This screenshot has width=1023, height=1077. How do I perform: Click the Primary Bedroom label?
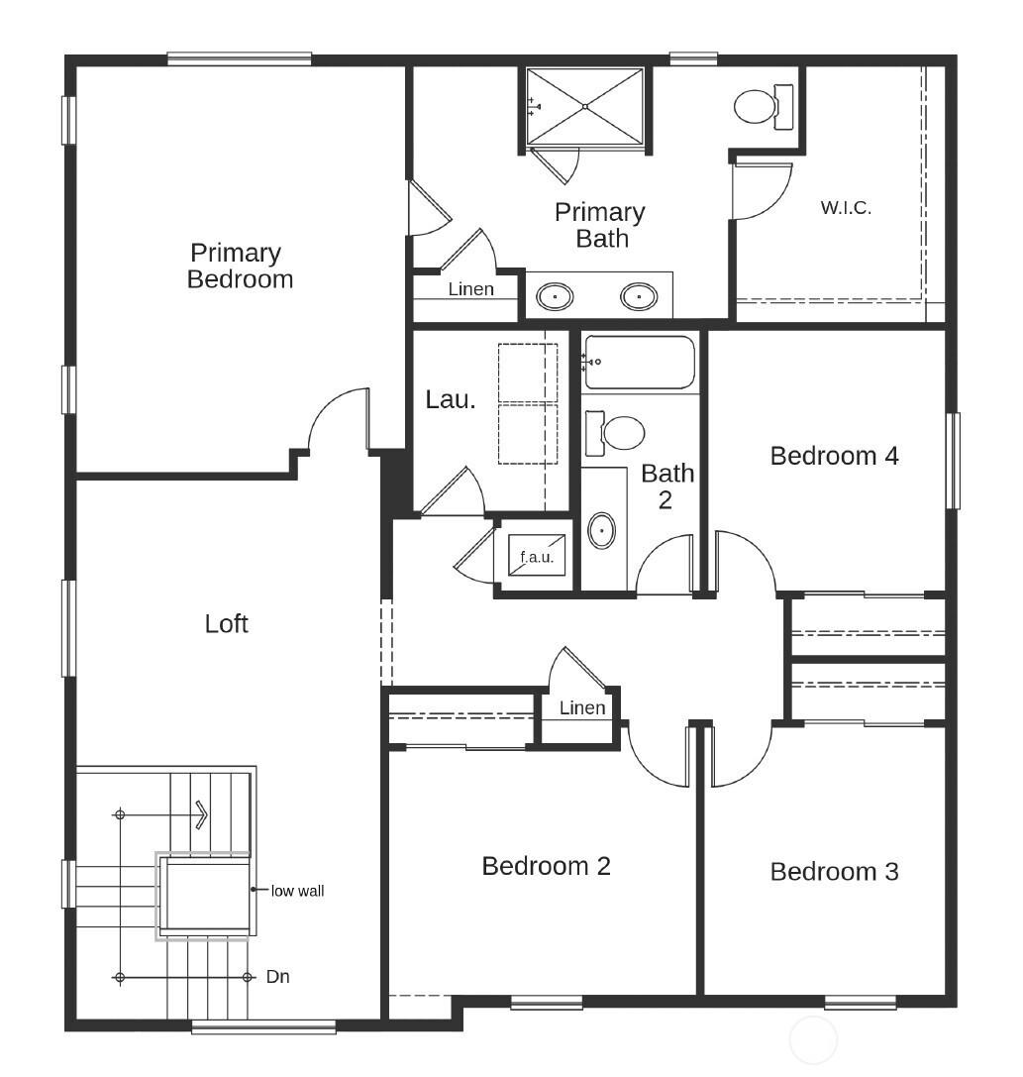click(x=240, y=266)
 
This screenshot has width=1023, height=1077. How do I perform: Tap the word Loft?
click(x=226, y=623)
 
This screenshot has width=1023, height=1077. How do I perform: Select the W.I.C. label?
click(x=846, y=208)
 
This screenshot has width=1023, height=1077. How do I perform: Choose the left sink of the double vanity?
click(x=556, y=295)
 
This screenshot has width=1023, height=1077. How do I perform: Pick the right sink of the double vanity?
click(x=639, y=295)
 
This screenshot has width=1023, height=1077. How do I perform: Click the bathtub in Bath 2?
click(x=640, y=363)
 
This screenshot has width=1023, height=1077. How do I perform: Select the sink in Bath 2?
click(x=601, y=530)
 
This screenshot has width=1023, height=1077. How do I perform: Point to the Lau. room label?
click(x=451, y=399)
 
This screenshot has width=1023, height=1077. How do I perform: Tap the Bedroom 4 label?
click(x=834, y=456)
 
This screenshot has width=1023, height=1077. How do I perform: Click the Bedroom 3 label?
click(x=834, y=871)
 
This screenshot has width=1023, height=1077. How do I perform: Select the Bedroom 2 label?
click(x=546, y=866)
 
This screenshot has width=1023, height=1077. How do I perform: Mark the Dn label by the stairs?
click(x=278, y=977)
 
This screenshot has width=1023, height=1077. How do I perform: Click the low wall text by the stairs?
click(x=297, y=891)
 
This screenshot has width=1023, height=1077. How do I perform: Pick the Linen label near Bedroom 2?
click(x=582, y=707)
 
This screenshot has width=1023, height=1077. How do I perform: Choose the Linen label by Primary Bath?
click(x=470, y=289)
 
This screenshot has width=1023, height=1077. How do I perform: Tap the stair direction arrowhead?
click(x=201, y=814)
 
